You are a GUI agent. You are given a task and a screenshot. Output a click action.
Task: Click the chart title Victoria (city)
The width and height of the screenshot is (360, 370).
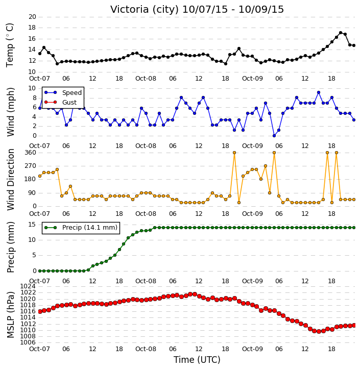coord(144,10)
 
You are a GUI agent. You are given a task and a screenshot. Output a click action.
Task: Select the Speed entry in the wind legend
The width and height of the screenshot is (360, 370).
coord(63,92)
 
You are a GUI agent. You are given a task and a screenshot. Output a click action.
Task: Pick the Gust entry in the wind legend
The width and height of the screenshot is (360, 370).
coord(60,102)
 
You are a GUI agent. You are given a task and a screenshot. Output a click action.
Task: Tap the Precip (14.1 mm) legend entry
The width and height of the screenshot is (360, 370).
coord(81,228)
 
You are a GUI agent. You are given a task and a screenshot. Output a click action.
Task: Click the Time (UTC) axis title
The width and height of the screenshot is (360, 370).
coord(197,360)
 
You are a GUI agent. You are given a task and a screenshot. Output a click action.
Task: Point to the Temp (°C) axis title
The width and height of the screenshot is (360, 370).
coord(10,45)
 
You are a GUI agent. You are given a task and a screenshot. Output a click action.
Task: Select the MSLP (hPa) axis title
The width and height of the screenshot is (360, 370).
coord(10,315)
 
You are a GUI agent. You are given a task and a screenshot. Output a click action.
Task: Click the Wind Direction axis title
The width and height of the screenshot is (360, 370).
coord(10,180)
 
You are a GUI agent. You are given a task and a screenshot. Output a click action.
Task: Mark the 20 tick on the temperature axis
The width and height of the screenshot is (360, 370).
coord(32,17)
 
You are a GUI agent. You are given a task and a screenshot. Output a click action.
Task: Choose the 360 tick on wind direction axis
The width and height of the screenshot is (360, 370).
coord(31,153)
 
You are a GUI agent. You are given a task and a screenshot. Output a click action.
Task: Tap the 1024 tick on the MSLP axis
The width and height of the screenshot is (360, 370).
coord(28,286)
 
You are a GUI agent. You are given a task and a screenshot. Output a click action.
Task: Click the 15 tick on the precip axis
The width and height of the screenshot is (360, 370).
coord(32,225)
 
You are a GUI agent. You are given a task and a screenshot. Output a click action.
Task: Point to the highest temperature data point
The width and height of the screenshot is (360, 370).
coord(341,33)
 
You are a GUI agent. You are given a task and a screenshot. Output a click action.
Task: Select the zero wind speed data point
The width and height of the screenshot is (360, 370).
coord(274,136)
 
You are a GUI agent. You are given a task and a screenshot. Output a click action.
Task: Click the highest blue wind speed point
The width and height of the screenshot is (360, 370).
coord(319,92)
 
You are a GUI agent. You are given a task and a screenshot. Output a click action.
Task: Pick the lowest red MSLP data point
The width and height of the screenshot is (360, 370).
coord(319,331)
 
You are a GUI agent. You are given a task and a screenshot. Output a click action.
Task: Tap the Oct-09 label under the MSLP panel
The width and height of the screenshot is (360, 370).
coord(252,349)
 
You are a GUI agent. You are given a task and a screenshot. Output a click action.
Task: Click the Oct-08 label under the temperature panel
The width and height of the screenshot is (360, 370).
coord(146,79)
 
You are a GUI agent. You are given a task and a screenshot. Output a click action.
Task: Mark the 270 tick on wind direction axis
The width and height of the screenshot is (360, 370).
coord(31,166)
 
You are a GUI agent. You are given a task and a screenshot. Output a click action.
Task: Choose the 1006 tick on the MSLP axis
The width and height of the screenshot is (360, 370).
coord(28,342)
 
